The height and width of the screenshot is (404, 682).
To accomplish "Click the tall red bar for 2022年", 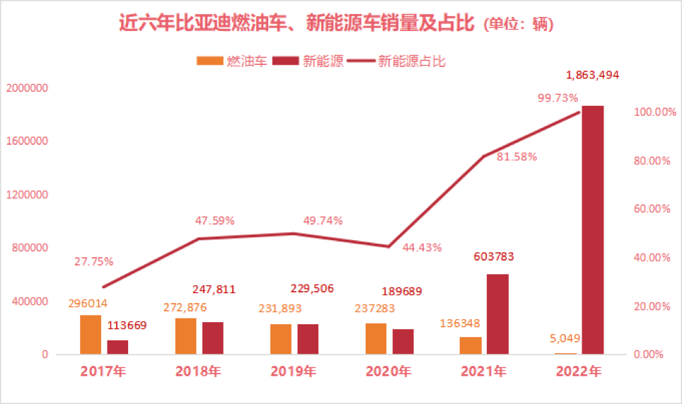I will click(593, 230).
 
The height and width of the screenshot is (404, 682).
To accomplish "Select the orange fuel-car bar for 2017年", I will click(91, 335).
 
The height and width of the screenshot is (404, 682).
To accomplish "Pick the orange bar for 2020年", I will click(376, 338).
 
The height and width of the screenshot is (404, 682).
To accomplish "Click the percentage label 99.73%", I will click(558, 97).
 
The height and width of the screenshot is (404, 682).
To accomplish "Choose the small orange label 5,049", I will click(564, 338).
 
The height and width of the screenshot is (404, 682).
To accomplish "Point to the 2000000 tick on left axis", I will click(26, 88).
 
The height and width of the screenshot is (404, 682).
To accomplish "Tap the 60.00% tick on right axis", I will click(649, 209).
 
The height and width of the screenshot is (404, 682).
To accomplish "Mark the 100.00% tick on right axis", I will click(647, 112).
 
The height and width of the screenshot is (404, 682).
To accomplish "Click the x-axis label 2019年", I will click(293, 371).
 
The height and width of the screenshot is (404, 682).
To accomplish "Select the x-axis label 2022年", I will click(579, 371).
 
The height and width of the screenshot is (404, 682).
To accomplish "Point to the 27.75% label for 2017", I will click(93, 261).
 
